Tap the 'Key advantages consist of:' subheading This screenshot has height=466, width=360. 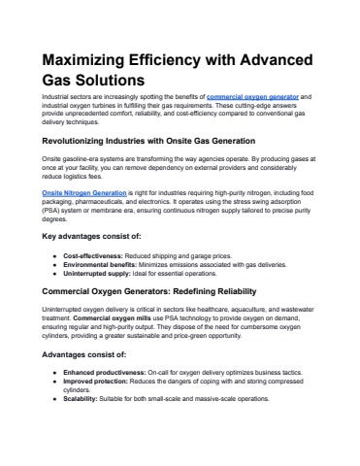coord(82,236)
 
